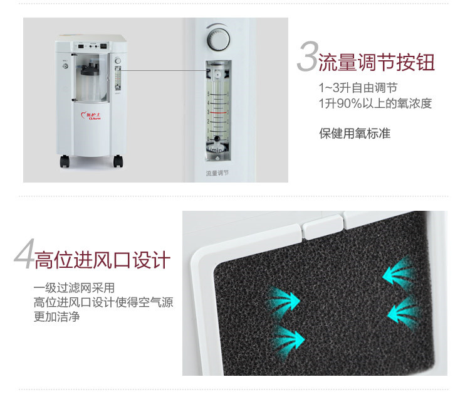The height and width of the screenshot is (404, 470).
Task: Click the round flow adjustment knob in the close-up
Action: [x=219, y=40]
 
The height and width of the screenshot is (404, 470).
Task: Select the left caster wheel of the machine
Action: [x=65, y=161]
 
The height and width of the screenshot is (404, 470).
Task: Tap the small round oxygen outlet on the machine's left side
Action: [x=63, y=65]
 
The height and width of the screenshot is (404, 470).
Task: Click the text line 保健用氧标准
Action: [x=354, y=134]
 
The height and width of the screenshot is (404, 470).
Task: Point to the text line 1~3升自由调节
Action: [x=358, y=88]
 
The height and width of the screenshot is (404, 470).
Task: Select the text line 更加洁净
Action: [x=56, y=317]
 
